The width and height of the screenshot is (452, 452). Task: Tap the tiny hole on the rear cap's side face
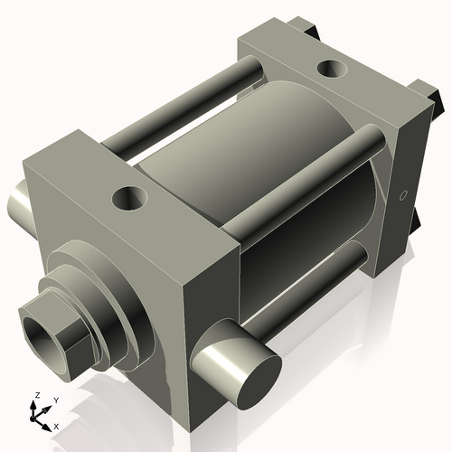(404, 194)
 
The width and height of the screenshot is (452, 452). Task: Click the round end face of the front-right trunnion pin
(250, 372)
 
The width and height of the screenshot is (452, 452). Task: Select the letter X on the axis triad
(56, 425)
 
